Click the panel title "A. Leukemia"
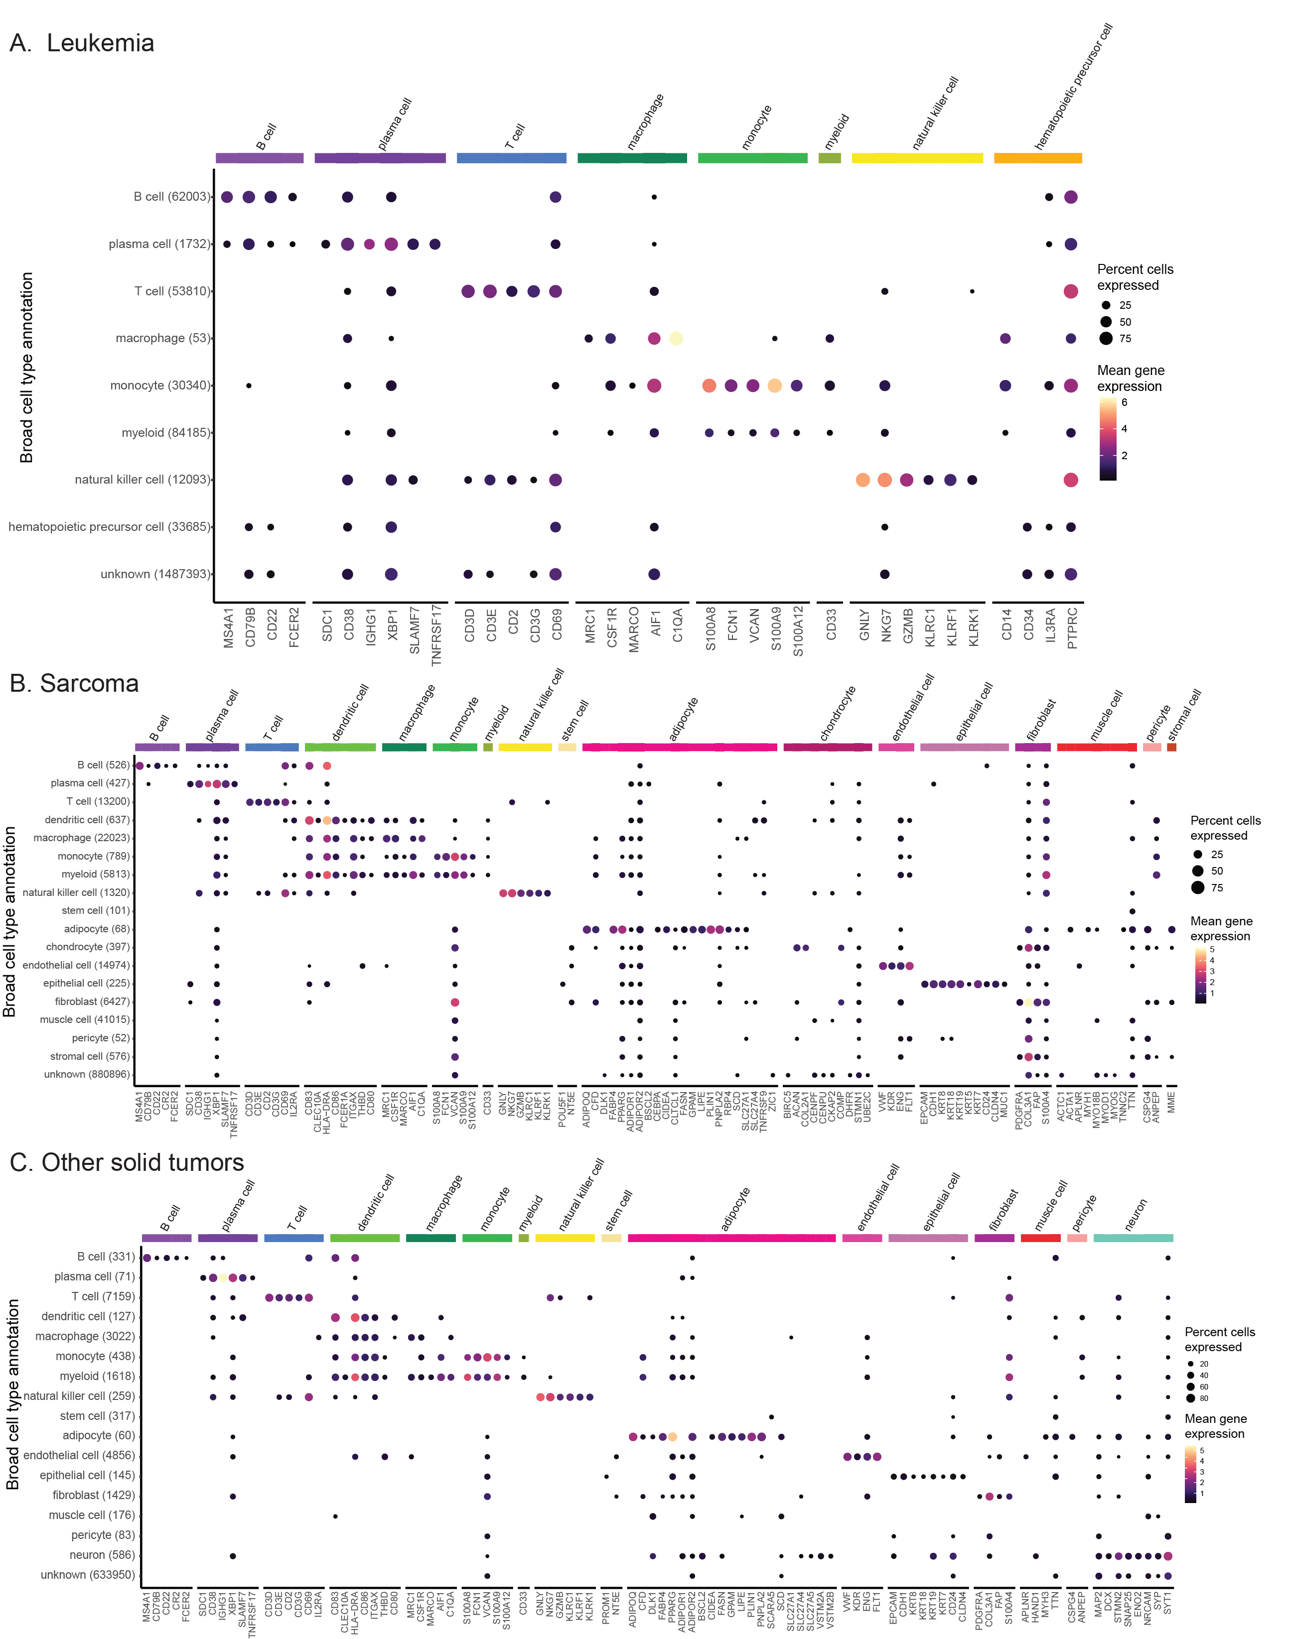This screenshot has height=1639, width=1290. click(82, 43)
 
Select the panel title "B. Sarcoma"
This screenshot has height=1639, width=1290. click(74, 683)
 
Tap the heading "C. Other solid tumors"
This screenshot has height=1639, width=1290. click(127, 1162)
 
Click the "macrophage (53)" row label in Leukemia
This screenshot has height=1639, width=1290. click(162, 338)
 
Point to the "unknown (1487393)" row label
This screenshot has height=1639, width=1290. click(155, 574)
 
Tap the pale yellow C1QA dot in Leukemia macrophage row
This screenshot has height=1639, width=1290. click(676, 338)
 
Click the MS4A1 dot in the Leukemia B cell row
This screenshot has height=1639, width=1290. click(227, 197)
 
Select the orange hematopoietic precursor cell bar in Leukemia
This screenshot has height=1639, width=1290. click(1038, 158)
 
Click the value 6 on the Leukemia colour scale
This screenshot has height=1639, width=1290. click(1124, 402)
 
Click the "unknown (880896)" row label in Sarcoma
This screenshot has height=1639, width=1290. click(87, 1074)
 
